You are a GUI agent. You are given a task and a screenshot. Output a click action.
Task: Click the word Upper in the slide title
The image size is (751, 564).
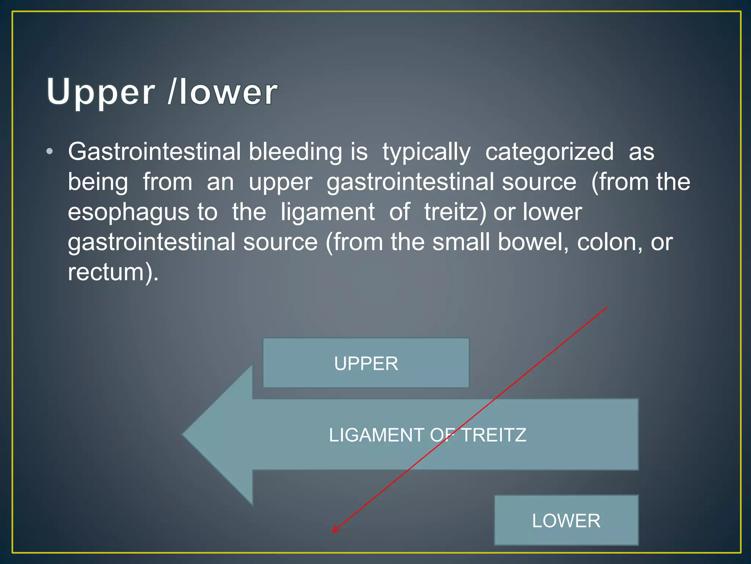pos(101,92)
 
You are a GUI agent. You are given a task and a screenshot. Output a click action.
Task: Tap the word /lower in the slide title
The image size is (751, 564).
pos(222,92)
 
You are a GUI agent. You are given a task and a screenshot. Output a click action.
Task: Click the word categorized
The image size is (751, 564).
pos(549,152)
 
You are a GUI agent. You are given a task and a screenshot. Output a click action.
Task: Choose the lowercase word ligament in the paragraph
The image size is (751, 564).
pos(327,213)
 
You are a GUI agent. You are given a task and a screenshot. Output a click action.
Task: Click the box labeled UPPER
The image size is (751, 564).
pos(366,363)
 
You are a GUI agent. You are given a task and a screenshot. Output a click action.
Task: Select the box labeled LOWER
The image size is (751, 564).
pos(566,520)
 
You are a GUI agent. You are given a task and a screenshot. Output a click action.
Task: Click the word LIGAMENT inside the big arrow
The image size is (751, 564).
pos(376,435)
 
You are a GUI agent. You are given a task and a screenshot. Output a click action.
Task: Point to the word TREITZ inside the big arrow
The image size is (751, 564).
pos(493,435)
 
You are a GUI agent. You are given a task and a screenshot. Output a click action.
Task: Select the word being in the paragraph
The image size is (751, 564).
pos(98,182)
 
